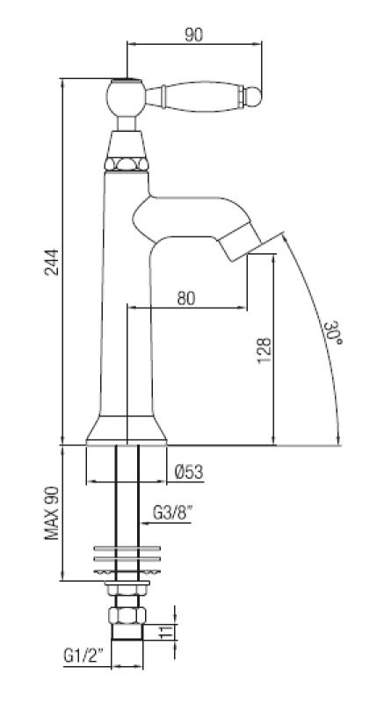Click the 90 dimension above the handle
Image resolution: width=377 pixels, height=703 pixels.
pos(193,34)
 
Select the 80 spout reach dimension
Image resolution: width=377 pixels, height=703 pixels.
pos(186,297)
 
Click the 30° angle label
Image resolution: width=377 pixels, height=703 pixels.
pos(331,335)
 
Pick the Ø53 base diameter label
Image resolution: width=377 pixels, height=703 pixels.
pos(189,473)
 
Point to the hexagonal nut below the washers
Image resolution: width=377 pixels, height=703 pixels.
pos(127,615)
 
